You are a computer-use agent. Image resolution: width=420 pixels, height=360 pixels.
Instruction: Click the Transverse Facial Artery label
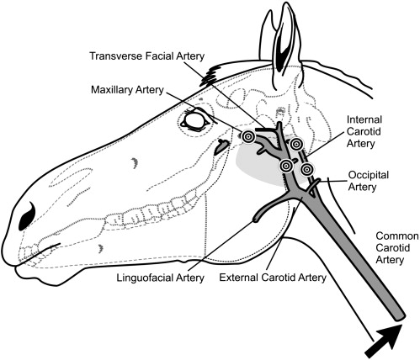(146, 56)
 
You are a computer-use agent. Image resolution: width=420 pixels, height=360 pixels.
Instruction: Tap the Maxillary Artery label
(127, 90)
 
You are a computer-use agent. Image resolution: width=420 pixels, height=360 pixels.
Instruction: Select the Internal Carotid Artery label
(364, 131)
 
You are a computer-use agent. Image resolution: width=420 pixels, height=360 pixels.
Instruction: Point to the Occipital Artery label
(369, 181)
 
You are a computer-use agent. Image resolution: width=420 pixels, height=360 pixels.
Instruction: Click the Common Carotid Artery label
(397, 248)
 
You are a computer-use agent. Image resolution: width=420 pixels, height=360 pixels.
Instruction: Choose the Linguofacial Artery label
(160, 278)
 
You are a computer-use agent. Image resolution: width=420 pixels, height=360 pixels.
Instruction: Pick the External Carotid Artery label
(273, 278)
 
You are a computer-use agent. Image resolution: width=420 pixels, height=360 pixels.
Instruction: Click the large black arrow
(385, 340)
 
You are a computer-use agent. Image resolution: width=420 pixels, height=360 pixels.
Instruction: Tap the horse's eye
(194, 120)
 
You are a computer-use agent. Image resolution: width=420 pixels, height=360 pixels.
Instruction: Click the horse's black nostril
(27, 216)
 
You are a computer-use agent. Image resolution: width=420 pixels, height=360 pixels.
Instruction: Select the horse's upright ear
(281, 45)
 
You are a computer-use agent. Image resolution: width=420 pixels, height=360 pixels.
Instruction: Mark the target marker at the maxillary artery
(248, 137)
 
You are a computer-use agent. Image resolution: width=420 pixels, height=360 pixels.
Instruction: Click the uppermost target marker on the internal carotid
(296, 144)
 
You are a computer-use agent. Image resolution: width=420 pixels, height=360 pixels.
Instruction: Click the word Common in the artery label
(397, 236)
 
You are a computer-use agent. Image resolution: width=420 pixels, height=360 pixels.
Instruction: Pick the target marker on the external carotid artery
(286, 166)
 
